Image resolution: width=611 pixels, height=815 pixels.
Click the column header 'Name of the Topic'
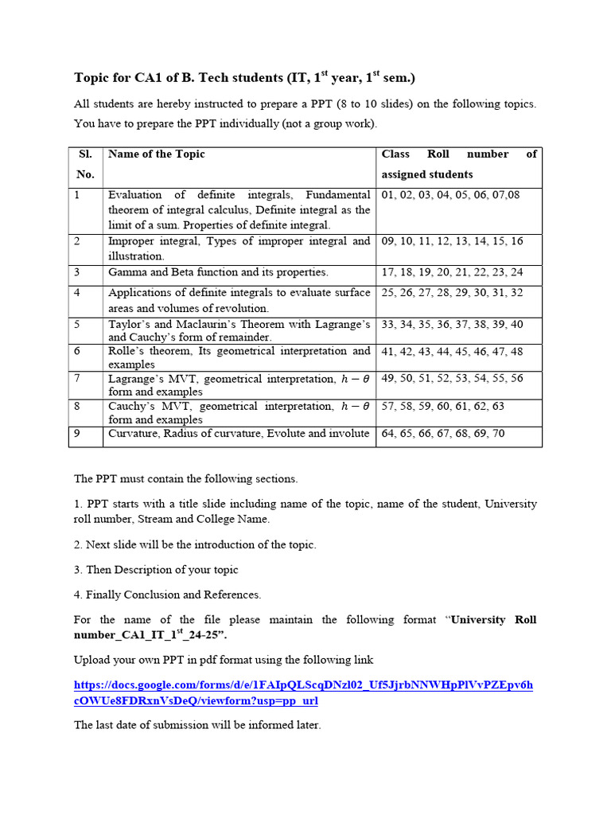(x=157, y=154)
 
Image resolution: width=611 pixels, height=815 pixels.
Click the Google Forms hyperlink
(x=303, y=692)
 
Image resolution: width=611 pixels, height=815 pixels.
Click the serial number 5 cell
(x=77, y=325)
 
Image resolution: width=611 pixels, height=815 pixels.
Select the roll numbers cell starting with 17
(x=452, y=272)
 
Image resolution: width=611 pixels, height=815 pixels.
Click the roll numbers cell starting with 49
(x=452, y=379)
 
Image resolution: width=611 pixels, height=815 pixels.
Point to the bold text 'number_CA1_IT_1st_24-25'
(x=150, y=635)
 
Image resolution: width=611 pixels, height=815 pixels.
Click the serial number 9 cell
(x=77, y=434)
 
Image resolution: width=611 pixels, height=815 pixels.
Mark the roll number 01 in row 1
(x=388, y=195)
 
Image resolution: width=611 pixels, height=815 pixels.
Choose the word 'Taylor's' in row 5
(x=128, y=325)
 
